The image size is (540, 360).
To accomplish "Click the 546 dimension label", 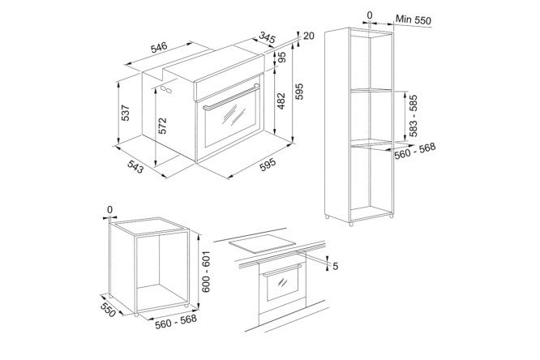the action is tap(159, 48).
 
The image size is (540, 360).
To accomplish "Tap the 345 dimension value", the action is tap(268, 37).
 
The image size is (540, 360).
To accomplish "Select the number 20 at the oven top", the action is tap(309, 36).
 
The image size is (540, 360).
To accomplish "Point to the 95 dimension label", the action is tap(282, 58).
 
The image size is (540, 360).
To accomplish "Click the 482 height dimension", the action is tap(281, 101).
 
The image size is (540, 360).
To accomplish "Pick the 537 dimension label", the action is tap(126, 113).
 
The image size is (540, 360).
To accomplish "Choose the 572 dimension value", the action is tap(162, 126).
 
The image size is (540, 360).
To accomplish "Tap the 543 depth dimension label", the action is tap(135, 167).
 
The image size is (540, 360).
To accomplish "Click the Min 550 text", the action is tap(413, 19).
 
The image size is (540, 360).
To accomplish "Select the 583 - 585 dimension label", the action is tap(414, 116).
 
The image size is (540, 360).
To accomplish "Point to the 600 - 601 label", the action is tap(206, 272).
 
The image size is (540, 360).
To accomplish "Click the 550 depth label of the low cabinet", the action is tap(108, 310).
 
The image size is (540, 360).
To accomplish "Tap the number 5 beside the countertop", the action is tap(335, 266).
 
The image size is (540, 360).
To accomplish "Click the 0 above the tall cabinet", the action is tap(370, 15).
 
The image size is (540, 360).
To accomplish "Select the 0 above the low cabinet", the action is tap(109, 209).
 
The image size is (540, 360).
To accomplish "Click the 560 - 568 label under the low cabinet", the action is tap(176, 321).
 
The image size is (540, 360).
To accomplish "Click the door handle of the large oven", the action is tap(231, 97).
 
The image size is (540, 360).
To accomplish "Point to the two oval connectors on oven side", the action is tap(166, 89).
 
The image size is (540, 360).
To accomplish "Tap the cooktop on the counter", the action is tap(263, 243).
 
